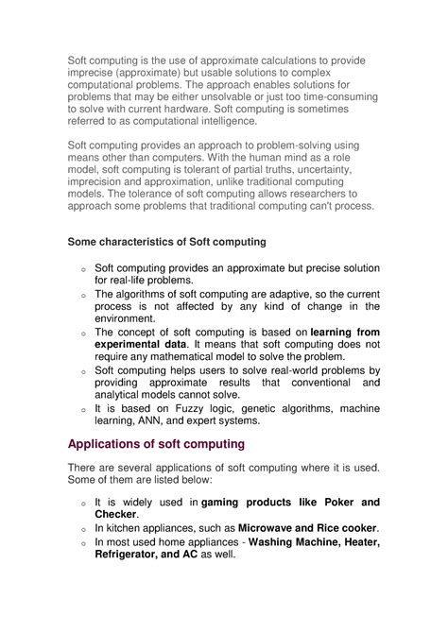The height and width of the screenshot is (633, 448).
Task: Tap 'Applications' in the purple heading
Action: coord(115,444)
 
